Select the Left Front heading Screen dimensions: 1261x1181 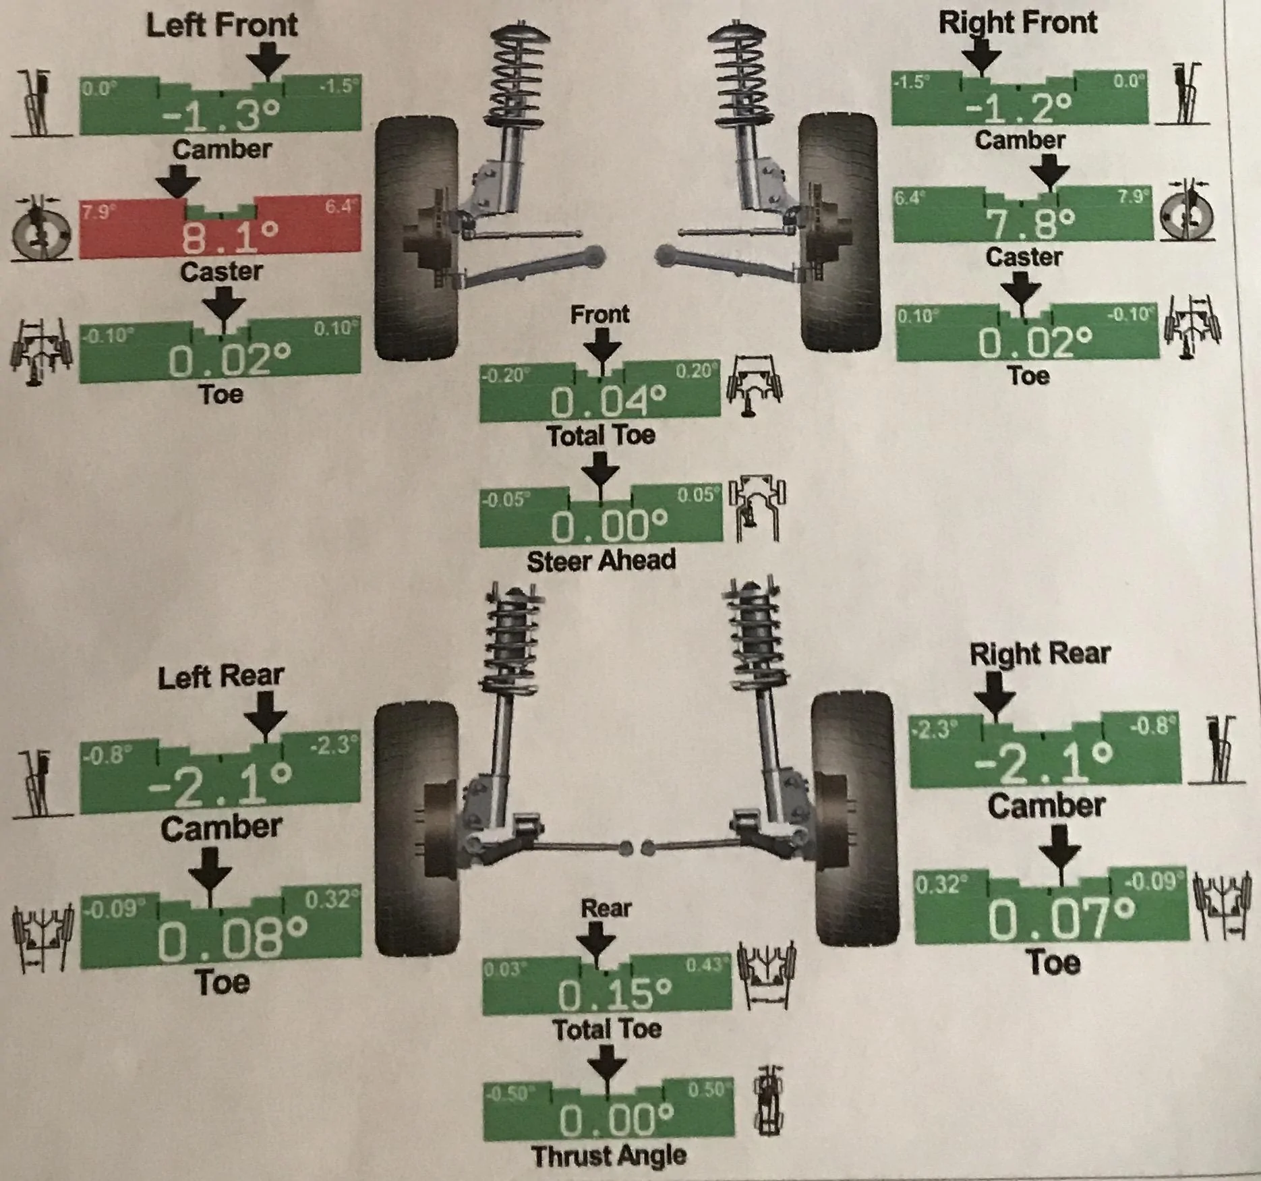tap(222, 25)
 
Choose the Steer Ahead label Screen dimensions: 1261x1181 tap(601, 560)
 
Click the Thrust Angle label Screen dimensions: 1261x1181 tap(609, 1155)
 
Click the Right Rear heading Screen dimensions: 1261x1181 tap(1040, 654)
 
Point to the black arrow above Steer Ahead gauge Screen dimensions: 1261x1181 tap(600, 470)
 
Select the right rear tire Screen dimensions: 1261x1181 tap(855, 817)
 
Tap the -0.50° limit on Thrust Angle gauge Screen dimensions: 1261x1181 tap(508, 1093)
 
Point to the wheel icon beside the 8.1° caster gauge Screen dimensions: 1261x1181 tap(42, 229)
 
